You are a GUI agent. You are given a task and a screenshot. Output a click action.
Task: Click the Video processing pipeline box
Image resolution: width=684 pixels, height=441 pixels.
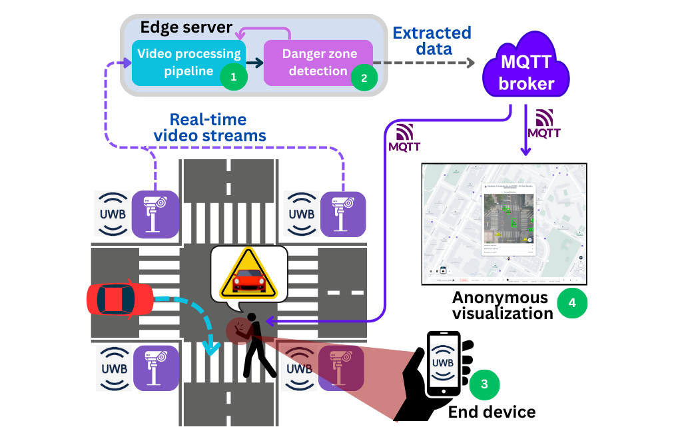click(188, 62)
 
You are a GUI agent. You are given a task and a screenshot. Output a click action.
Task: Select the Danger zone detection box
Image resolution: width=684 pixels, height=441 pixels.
click(318, 62)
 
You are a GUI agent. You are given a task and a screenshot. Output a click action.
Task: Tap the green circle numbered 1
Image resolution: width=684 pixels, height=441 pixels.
click(233, 77)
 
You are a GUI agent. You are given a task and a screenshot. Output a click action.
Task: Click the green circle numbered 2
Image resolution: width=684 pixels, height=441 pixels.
click(364, 77)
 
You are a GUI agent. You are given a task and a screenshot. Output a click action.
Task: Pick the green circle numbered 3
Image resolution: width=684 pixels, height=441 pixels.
click(484, 384)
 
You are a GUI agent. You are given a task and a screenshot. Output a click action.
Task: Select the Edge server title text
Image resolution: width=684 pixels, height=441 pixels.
click(186, 28)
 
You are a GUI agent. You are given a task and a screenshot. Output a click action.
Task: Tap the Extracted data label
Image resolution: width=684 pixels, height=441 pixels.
click(432, 41)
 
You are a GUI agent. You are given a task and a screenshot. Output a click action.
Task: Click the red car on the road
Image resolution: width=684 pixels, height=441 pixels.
click(120, 299)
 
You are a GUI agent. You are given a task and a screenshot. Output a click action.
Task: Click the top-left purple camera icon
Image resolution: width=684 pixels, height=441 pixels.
click(155, 214)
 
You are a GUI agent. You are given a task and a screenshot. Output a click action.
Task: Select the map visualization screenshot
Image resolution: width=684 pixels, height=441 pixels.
click(504, 224)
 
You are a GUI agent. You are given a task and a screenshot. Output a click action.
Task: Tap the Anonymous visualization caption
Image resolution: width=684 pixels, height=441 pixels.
click(501, 305)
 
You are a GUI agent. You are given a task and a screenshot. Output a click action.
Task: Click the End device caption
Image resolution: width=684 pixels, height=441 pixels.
click(492, 412)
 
